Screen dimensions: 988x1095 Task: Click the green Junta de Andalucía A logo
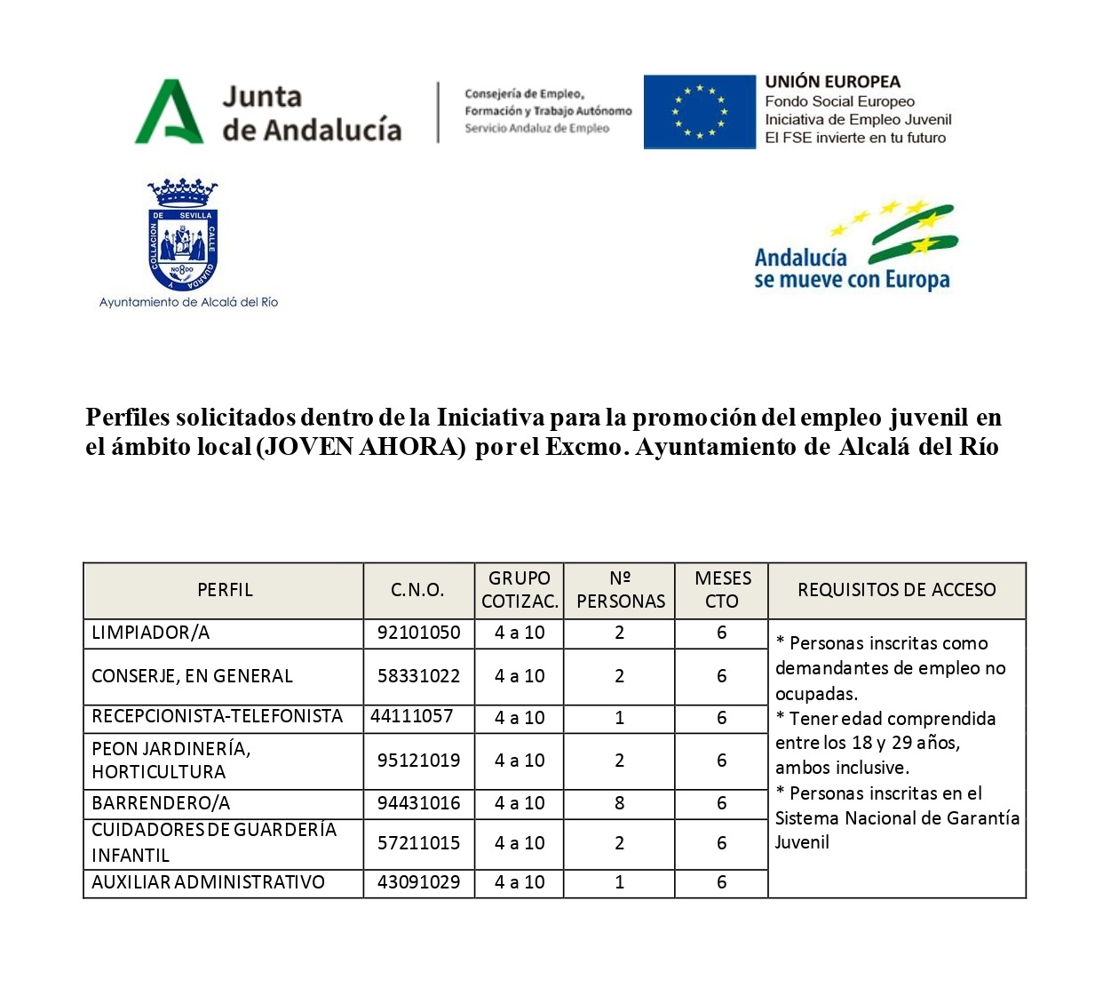168,112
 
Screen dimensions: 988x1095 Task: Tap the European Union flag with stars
699,112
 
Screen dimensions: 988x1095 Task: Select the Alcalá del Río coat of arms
182,235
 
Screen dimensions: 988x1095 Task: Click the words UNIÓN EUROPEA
832,82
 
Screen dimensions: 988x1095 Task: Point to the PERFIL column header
225,590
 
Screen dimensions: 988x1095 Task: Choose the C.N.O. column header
417,590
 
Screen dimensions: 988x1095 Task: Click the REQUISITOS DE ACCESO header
896,590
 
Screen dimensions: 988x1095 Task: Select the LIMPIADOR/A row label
151,633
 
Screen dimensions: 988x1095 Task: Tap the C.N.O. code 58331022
418,676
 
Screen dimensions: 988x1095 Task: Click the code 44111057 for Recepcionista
411,716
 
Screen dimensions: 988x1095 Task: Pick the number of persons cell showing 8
619,803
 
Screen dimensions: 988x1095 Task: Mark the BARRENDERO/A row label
161,803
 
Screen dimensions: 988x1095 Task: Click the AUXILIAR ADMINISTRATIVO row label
208,882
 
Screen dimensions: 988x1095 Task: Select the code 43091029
418,882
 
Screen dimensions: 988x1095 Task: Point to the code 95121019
418,761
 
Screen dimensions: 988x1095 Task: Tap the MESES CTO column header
721,590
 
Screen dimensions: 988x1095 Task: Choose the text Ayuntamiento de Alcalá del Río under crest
188,302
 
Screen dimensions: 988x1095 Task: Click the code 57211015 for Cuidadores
418,843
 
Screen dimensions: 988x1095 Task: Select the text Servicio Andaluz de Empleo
536,129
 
